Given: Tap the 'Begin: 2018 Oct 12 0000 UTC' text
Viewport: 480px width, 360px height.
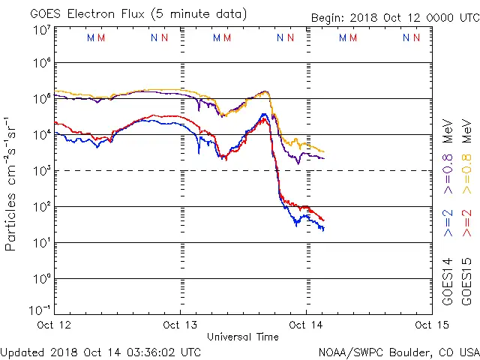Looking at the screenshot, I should click(x=394, y=17).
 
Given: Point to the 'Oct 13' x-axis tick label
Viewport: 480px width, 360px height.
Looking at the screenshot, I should click(x=181, y=325).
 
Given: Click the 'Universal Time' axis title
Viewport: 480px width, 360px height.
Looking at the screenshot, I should click(x=243, y=337).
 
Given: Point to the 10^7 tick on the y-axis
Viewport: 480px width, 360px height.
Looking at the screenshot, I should click(x=42, y=30).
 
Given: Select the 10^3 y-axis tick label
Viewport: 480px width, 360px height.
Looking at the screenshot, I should click(x=42, y=170).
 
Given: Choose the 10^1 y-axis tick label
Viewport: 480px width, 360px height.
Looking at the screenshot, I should click(x=42, y=242).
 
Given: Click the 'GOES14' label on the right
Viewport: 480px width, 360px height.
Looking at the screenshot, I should click(x=447, y=281).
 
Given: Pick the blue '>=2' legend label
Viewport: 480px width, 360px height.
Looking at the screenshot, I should click(x=447, y=223).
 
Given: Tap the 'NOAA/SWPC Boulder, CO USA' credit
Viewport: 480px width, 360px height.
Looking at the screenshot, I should click(x=398, y=351).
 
